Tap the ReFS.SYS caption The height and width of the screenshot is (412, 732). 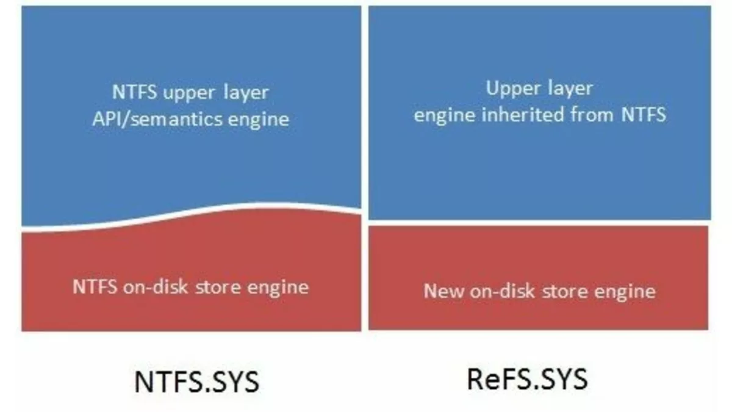click(x=527, y=379)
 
